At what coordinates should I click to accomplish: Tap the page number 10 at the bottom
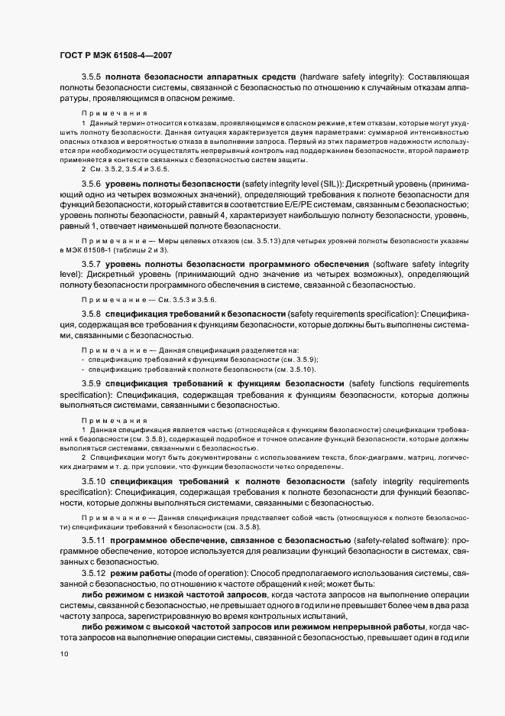coord(63,654)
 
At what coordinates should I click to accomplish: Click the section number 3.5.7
coord(91,264)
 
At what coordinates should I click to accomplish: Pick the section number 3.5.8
coord(91,314)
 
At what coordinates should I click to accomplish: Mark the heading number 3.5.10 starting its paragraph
coord(93,481)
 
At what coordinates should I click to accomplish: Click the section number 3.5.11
coord(93,540)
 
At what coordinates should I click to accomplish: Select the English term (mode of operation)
coord(199,573)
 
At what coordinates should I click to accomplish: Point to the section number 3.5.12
coord(93,573)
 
